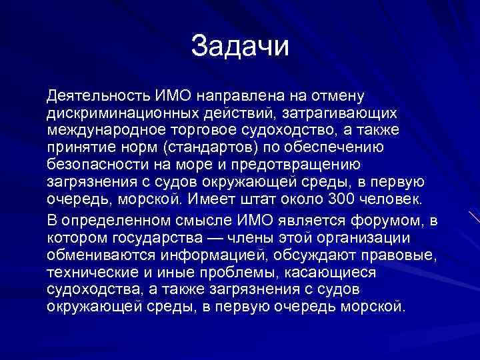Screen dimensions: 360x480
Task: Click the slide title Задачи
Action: click(240, 46)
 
